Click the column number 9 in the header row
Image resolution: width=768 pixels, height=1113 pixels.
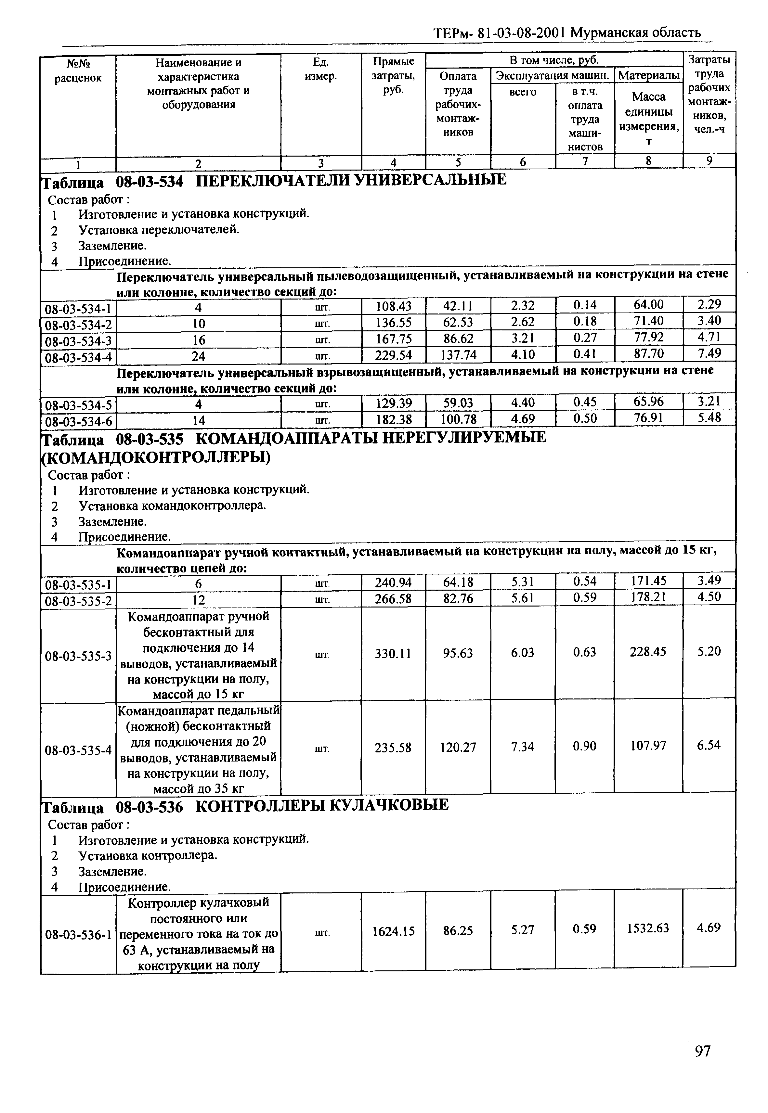[x=709, y=161]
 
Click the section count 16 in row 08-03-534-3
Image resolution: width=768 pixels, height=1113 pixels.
[x=199, y=340]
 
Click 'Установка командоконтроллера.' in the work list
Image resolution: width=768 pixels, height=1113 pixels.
[x=172, y=506]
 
